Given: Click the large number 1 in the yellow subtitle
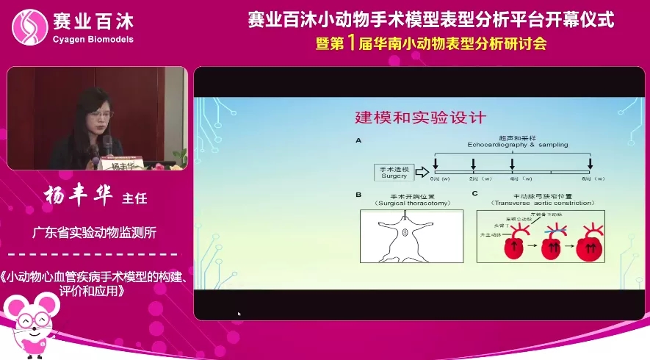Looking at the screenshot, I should (x=351, y=43).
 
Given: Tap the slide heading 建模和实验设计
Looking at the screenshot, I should (x=420, y=118).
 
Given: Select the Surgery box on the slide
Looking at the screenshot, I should (x=391, y=173).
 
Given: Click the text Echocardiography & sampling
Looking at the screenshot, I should (x=517, y=145).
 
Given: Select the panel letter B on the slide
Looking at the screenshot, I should (x=358, y=195).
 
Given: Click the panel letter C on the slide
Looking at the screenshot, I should (x=474, y=195).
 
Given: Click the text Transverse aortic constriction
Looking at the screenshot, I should (x=529, y=203).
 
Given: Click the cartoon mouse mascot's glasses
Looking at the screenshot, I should (x=32, y=320).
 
